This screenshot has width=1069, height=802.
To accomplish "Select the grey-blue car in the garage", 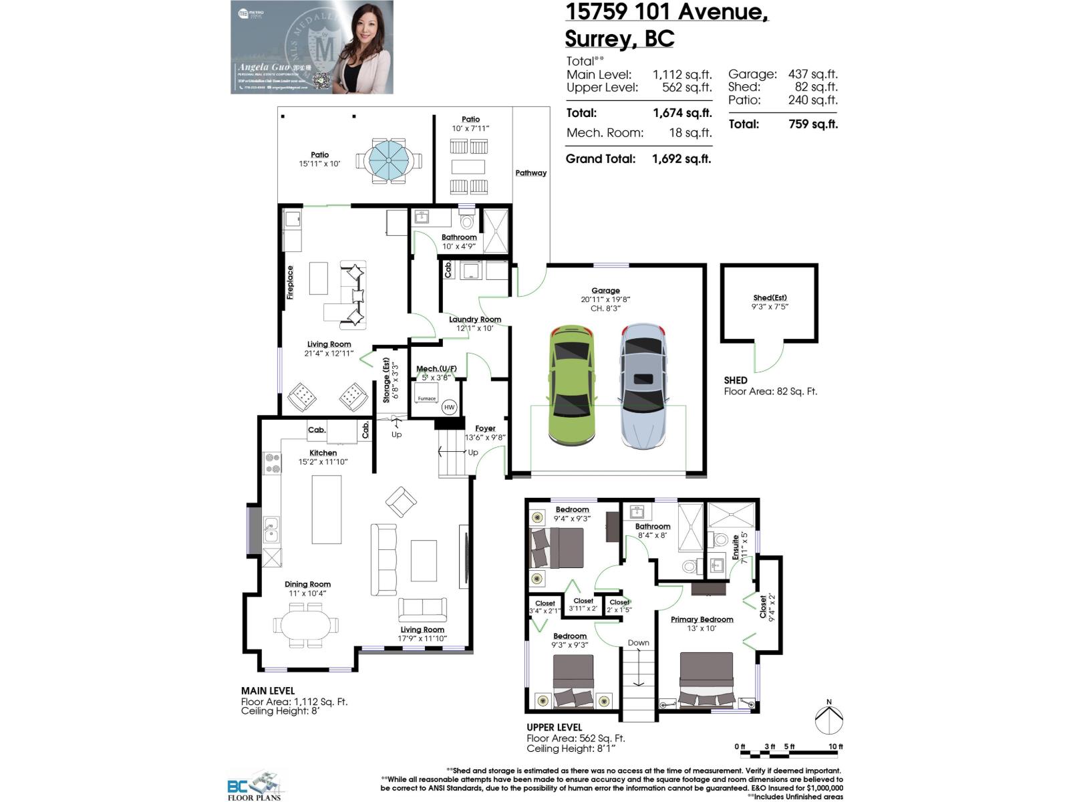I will tap(642, 386).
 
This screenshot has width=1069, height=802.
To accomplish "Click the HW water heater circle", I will tap(449, 407).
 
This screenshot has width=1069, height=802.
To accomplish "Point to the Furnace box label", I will tap(426, 398).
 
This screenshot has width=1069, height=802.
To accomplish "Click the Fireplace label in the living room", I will tap(290, 282).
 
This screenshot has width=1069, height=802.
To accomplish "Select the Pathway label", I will tap(530, 173).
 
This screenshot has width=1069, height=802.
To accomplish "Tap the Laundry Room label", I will tap(474, 319).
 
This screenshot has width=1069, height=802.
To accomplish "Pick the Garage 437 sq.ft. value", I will tap(812, 74).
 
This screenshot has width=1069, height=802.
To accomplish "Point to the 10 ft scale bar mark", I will tap(835, 747).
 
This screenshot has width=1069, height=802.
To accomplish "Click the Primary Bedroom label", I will tap(702, 620).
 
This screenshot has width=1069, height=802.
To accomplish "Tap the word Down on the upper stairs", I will tap(638, 643).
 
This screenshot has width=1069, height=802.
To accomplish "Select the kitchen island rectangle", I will tap(327, 509).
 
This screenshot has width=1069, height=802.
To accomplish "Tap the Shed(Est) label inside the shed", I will tap(770, 298).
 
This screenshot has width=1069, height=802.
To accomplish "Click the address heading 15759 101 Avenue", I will tap(666, 11).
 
